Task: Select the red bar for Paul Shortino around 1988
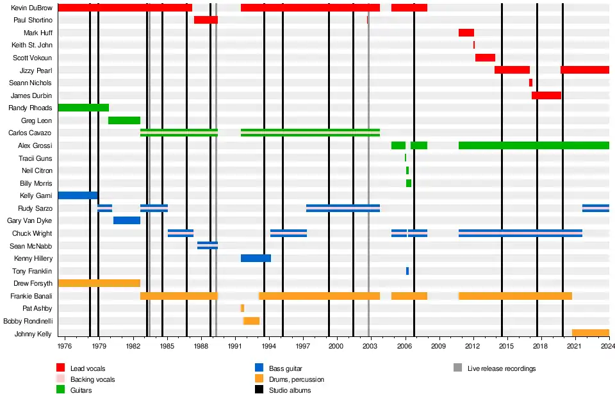tap(206, 20)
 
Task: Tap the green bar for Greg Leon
tap(124, 120)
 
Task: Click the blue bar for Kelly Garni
tap(78, 195)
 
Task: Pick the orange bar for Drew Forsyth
tap(99, 283)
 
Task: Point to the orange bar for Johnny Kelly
tap(590, 333)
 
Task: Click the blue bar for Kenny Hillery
tap(256, 258)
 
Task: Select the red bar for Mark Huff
tap(466, 33)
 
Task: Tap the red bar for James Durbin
tap(546, 95)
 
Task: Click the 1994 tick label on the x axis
tap(269, 346)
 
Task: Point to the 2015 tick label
tap(506, 346)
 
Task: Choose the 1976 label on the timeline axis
tap(65, 346)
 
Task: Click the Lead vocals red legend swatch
tap(61, 368)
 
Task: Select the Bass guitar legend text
tap(285, 369)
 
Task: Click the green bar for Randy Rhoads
tap(83, 108)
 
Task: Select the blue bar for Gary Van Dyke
tap(127, 220)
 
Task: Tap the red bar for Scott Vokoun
tap(485, 58)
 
